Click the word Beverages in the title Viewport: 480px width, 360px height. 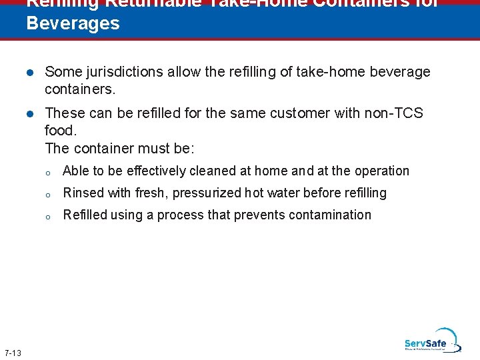pyautogui.click(x=73, y=23)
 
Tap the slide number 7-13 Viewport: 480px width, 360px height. pyautogui.click(x=12, y=353)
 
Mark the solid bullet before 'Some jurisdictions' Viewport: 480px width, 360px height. pyautogui.click(x=30, y=73)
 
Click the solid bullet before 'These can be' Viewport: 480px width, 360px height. pyautogui.click(x=30, y=114)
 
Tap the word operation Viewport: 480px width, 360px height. pyautogui.click(x=382, y=171)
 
